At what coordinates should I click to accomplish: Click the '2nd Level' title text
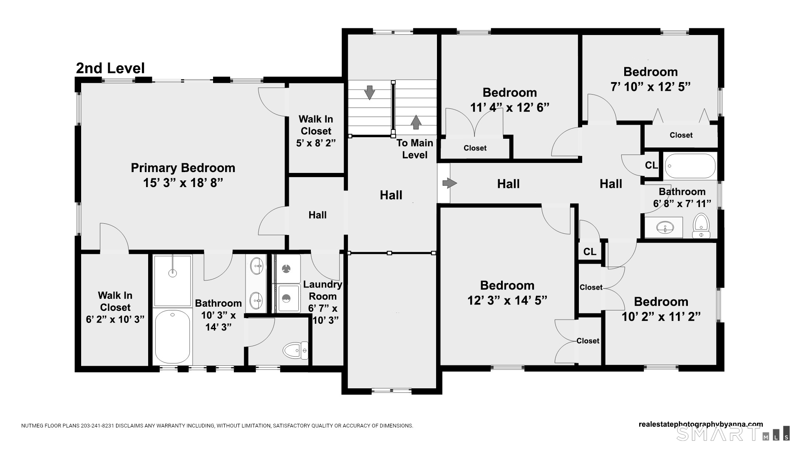pos(110,68)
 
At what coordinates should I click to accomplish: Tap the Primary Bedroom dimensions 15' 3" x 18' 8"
pos(183,183)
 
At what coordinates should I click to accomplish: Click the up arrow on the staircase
pos(416,122)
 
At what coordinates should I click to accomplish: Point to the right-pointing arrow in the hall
pos(449,183)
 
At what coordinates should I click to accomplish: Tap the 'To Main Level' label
pos(415,149)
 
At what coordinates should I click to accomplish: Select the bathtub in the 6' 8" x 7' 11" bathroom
pos(690,166)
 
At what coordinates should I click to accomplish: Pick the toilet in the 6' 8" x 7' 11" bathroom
pos(701,226)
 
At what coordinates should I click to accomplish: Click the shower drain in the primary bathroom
pos(173,273)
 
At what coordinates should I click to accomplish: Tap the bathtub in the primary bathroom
pos(173,337)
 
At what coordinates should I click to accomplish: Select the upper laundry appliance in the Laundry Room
pos(286,268)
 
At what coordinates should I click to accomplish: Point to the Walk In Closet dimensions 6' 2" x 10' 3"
pos(115,320)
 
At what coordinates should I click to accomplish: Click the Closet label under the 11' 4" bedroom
pos(475,148)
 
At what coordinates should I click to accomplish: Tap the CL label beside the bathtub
pos(651,165)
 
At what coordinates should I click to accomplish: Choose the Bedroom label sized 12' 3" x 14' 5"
pos(507,285)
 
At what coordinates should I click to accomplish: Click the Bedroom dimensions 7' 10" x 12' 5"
pos(650,87)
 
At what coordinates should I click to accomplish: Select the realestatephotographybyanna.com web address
pos(701,425)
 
